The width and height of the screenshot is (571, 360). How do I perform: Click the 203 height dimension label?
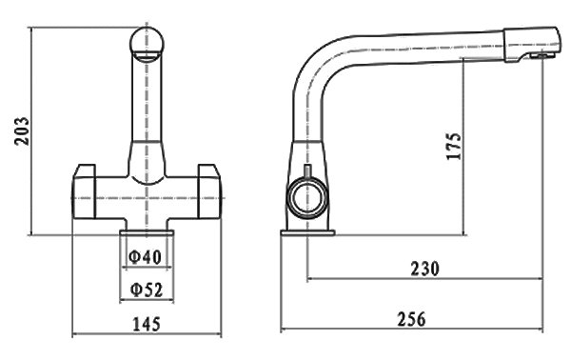click(22, 131)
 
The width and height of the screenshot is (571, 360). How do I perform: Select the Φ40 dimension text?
click(145, 257)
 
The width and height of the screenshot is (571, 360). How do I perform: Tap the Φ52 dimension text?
click(147, 290)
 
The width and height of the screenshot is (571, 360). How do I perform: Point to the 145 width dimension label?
click(146, 324)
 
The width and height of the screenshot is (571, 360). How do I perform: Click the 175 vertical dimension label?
click(454, 146)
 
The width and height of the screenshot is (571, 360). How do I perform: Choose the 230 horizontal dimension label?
click(425, 269)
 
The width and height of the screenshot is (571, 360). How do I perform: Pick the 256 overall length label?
click(411, 319)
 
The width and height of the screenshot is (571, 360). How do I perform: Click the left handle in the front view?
click(84, 192)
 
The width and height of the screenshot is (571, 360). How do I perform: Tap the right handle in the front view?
click(209, 192)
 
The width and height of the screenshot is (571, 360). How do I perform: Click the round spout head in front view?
click(147, 44)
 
